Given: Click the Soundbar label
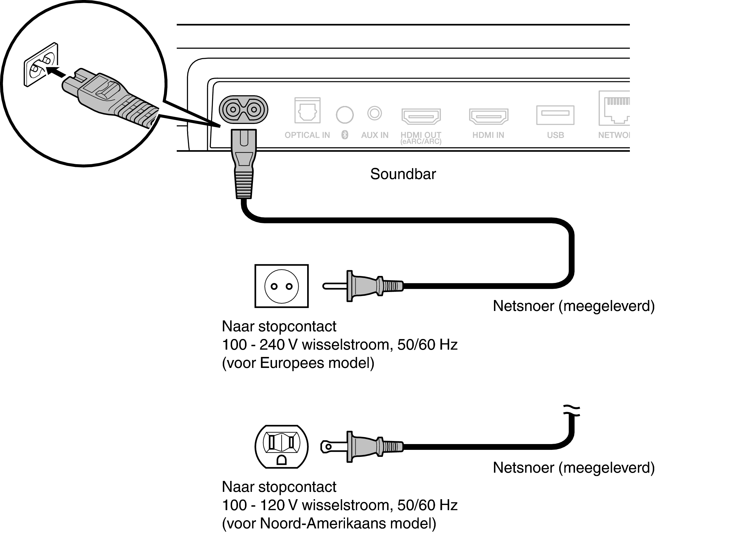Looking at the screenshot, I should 403,174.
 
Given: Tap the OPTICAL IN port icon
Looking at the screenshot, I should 307,110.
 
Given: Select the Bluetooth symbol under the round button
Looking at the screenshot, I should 345,135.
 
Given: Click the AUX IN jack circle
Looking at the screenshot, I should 374,114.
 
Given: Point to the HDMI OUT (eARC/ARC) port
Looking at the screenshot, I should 421,116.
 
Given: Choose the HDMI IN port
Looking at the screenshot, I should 488,116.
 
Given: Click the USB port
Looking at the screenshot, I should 555,115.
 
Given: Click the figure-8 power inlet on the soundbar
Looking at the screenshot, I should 243,110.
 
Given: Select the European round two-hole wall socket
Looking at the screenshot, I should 281,286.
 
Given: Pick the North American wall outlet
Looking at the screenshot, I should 281,447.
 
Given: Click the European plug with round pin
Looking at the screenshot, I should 363,286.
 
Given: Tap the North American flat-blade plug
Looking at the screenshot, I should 361,447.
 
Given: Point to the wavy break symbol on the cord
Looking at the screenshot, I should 571,411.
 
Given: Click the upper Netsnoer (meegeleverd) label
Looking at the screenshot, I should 573,306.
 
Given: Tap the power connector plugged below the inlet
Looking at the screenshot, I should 244,164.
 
